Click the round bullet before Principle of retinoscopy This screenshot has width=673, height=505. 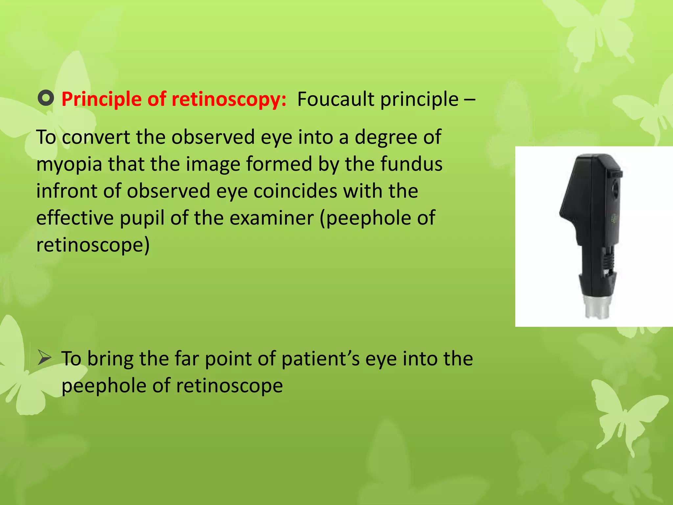(x=46, y=99)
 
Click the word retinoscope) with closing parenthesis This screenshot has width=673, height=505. (x=93, y=245)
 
